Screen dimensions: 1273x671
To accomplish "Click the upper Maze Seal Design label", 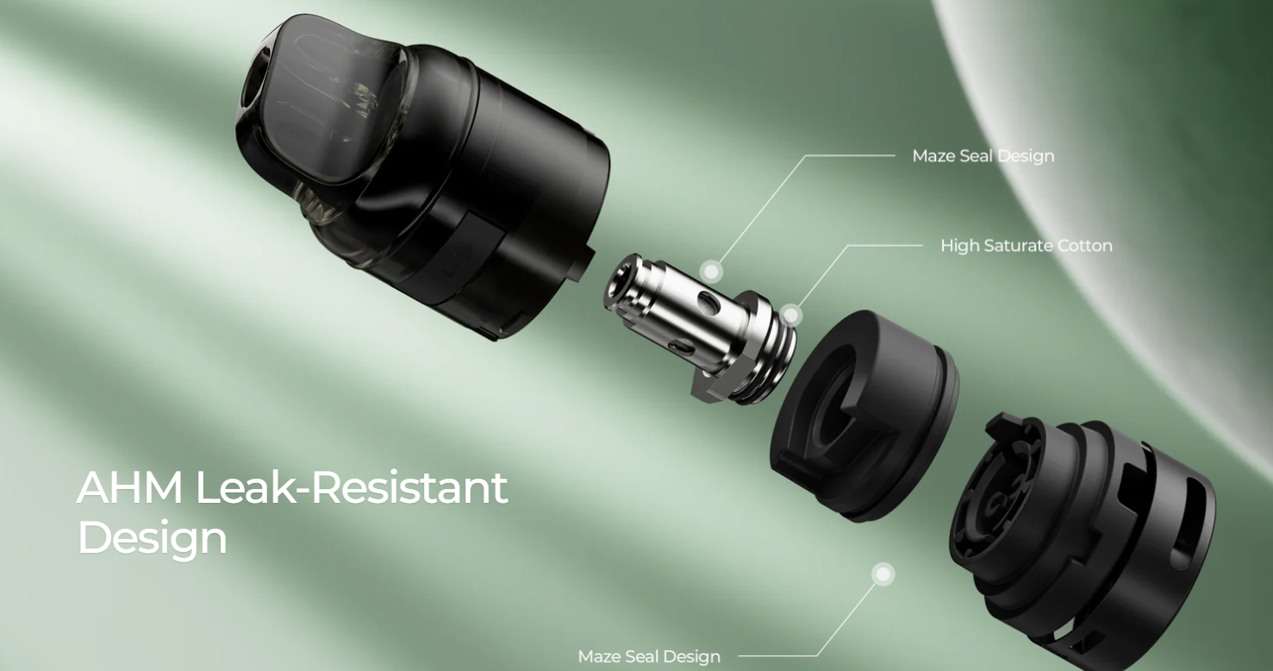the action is click(983, 156).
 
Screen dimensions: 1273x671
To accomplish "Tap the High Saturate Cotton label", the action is click(1027, 246).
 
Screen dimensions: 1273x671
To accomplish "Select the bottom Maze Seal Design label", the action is click(649, 657).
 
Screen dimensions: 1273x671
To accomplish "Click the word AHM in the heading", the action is click(129, 487).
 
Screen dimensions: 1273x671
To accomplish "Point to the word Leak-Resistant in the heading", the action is click(352, 487).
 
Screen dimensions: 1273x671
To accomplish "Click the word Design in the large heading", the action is click(153, 538).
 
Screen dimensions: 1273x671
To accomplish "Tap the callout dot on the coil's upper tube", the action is click(711, 271).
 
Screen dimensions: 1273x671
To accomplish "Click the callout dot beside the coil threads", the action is click(790, 315).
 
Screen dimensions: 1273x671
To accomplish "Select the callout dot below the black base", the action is click(883, 574).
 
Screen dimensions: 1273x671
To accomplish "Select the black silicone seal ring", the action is click(864, 415).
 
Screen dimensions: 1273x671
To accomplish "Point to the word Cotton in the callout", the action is click(1084, 246).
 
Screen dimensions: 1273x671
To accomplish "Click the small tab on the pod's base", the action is click(585, 263).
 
